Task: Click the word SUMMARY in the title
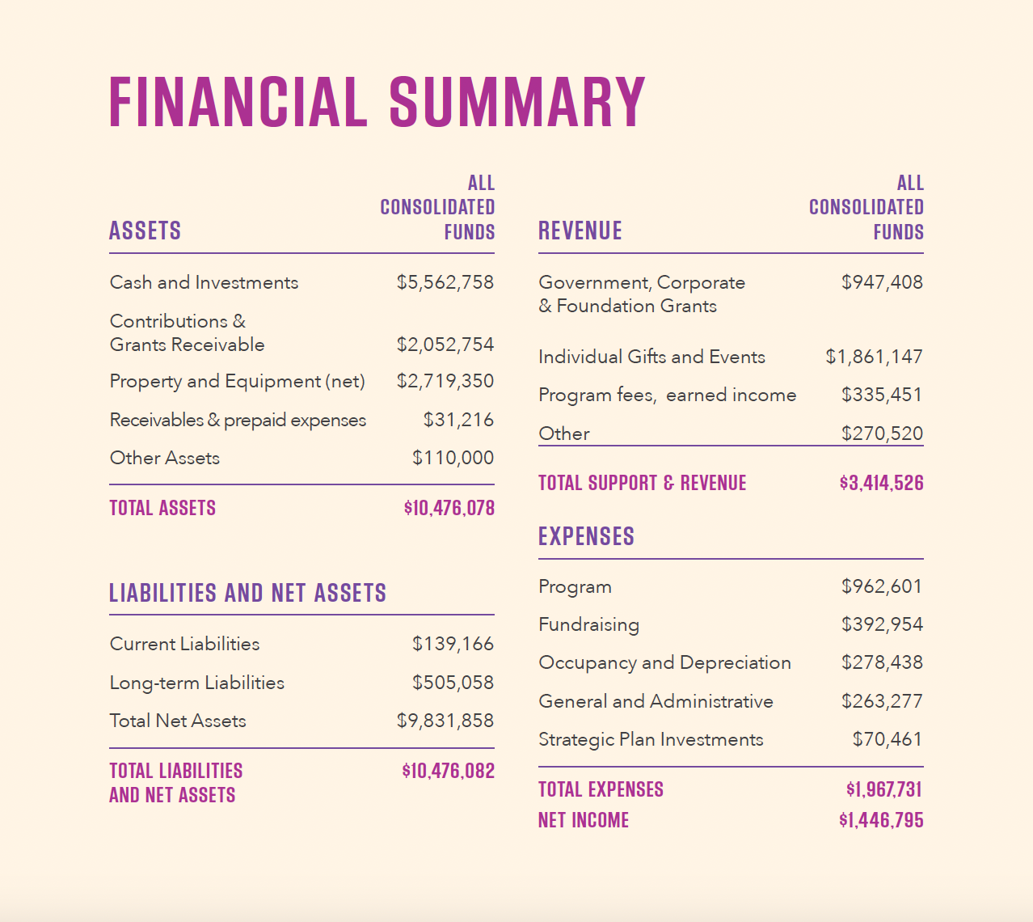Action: (517, 103)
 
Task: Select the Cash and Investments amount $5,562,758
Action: (445, 282)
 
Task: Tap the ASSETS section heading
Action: (145, 231)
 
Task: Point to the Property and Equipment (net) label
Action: (237, 381)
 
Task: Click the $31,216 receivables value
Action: (458, 420)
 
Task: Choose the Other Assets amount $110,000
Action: (453, 458)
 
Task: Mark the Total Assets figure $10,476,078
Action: (449, 508)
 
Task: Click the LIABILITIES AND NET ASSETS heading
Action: (247, 593)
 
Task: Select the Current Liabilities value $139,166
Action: (453, 644)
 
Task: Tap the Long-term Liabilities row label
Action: (197, 683)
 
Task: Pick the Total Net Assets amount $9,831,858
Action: (445, 721)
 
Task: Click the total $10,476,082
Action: (448, 771)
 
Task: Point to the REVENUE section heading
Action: (580, 231)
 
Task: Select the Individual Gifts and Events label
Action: (651, 357)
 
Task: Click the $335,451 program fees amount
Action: (881, 395)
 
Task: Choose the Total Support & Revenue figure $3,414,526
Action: (881, 483)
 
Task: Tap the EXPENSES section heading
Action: (586, 536)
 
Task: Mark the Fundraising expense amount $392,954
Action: (881, 624)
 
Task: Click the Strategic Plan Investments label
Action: (651, 739)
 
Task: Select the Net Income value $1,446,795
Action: (881, 820)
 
